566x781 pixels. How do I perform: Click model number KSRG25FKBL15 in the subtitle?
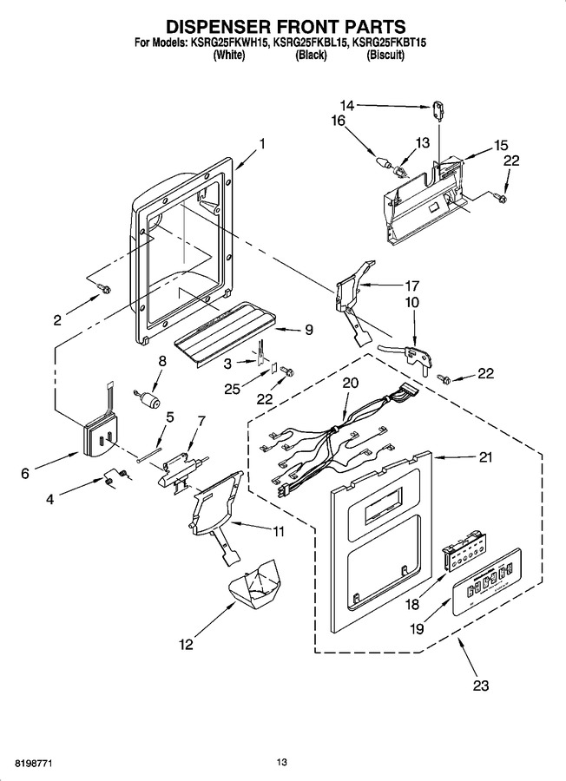pyautogui.click(x=310, y=43)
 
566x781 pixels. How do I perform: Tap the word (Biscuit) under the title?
pyautogui.click(x=385, y=56)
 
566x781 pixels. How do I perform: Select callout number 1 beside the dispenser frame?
pyautogui.click(x=261, y=144)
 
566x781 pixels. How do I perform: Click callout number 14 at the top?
pyautogui.click(x=346, y=106)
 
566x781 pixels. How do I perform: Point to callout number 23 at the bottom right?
pyautogui.click(x=481, y=686)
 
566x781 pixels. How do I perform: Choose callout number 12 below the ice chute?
pyautogui.click(x=186, y=645)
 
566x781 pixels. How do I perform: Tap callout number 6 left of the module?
pyautogui.click(x=25, y=473)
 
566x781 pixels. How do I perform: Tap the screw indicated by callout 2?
pyautogui.click(x=105, y=288)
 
